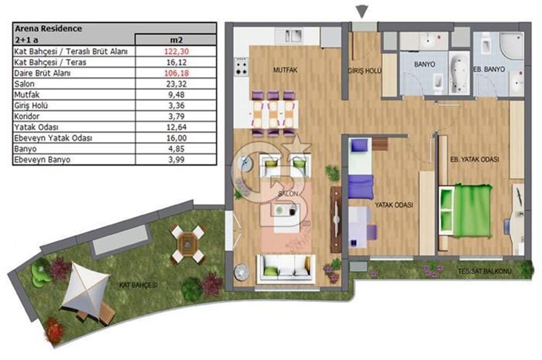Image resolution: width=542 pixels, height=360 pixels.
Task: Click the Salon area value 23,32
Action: pos(176,83)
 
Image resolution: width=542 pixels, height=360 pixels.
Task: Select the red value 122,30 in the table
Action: pos(176,52)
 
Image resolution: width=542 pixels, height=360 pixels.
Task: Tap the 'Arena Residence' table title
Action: pos(48,28)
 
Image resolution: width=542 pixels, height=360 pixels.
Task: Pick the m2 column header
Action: pos(176,40)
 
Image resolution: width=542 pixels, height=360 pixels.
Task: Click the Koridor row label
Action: pos(27,116)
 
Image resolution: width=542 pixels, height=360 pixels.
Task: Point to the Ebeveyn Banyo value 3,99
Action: pos(176,159)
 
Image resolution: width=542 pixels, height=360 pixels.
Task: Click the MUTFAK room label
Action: pos(285,70)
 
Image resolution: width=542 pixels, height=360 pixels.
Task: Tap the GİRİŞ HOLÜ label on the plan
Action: pos(365,71)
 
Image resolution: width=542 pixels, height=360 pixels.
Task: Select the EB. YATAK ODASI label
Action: pos(475,159)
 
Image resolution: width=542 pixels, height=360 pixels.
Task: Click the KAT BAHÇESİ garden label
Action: pos(138,285)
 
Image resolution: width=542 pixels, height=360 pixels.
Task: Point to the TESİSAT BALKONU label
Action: pos(485,271)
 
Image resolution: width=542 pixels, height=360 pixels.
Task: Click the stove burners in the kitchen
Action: pos(241,67)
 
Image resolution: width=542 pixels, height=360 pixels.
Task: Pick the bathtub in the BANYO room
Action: pos(460,73)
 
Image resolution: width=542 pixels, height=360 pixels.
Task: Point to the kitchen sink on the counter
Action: pos(293,36)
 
